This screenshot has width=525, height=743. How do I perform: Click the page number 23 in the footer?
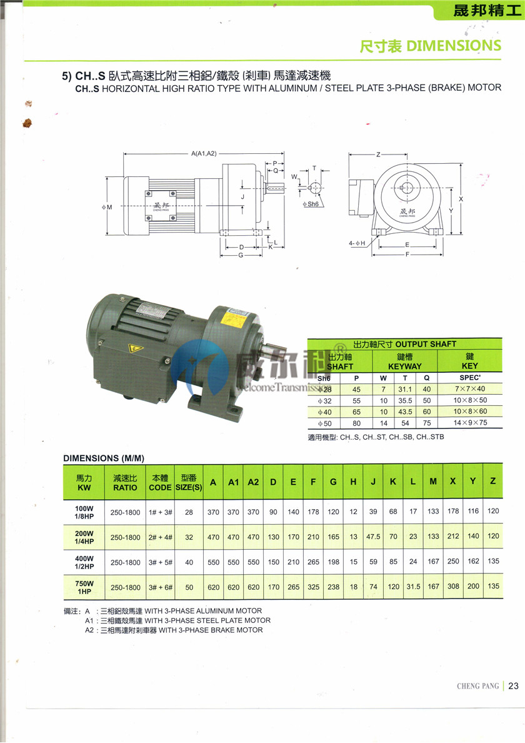(x=513, y=685)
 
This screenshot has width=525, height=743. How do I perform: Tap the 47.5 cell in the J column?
(x=373, y=537)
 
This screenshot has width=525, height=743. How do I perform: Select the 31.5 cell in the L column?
(x=413, y=587)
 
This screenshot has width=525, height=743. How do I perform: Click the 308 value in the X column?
(x=453, y=587)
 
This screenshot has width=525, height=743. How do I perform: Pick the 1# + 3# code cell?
(x=160, y=512)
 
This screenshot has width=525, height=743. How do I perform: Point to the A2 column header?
(x=253, y=482)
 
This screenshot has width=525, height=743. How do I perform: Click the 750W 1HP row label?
(x=85, y=587)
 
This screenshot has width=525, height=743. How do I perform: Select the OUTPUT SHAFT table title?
(x=405, y=344)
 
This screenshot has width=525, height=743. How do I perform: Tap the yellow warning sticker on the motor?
(x=132, y=348)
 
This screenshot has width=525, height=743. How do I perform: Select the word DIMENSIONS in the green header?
(x=454, y=45)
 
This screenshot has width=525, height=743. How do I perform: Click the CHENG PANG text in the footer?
(x=477, y=686)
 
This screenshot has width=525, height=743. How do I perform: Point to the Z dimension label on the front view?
(x=379, y=154)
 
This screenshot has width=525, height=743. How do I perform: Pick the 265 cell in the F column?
(x=313, y=562)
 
